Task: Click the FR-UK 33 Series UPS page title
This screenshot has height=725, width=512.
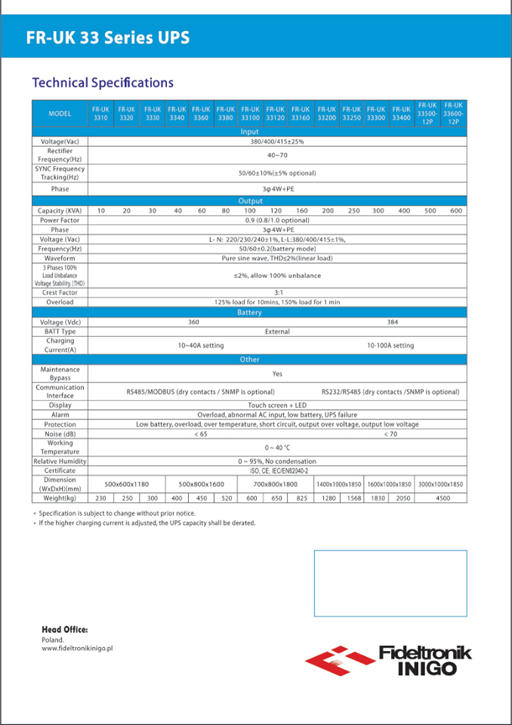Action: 107,38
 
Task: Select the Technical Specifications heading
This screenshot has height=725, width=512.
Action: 103,83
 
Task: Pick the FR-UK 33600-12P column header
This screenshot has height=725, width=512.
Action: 453,113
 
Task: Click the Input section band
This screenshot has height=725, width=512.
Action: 249,132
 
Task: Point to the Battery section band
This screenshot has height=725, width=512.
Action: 249,312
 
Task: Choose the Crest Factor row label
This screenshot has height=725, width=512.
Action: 60,292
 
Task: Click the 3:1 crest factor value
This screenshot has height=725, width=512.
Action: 277,292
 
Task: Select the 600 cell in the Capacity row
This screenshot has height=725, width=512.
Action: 456,211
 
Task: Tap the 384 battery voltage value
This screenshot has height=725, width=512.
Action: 391,322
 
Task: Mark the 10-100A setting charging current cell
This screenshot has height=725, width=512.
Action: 390,345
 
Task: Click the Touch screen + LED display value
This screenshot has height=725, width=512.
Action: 277,406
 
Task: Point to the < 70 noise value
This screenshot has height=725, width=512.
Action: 390,434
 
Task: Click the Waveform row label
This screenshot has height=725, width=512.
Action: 60,258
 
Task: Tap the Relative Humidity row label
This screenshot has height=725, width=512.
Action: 60,461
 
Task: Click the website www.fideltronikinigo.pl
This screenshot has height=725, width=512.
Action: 77,649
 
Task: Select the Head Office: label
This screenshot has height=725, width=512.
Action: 65,629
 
